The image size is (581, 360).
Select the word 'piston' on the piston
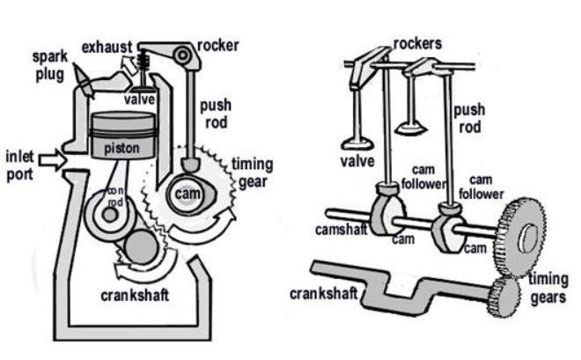(123, 149)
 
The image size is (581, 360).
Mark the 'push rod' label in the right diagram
(468, 120)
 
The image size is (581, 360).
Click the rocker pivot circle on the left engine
(183, 57)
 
